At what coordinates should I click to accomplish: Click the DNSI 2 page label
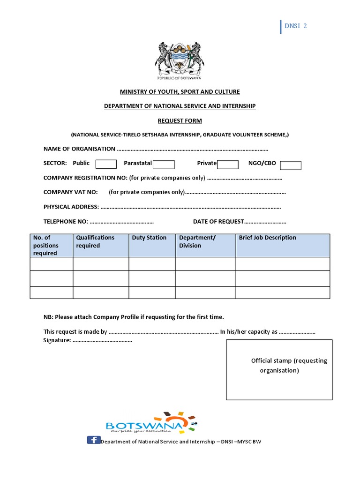pos(295,26)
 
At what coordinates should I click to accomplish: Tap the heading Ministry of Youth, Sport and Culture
pos(180,91)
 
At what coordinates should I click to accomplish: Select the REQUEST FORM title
pos(180,120)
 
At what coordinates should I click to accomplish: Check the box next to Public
pos(106,164)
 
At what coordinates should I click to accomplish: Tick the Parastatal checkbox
pos(164,164)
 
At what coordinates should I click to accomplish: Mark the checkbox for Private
pos(227,164)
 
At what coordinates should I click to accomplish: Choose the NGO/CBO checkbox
pos(291,165)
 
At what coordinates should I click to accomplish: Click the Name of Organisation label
pos(79,149)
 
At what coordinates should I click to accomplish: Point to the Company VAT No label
pos(70,192)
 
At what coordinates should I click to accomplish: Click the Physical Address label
pos(71,207)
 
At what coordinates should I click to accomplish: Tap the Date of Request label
pos(218,221)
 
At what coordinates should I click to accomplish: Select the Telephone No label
pos(66,221)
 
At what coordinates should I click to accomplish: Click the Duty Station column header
pos(149,238)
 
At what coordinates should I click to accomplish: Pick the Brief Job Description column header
pos(267,238)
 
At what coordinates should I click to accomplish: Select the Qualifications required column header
pos(95,241)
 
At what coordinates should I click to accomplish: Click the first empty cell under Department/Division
pos(205,264)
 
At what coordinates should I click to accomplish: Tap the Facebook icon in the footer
pos(93,440)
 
